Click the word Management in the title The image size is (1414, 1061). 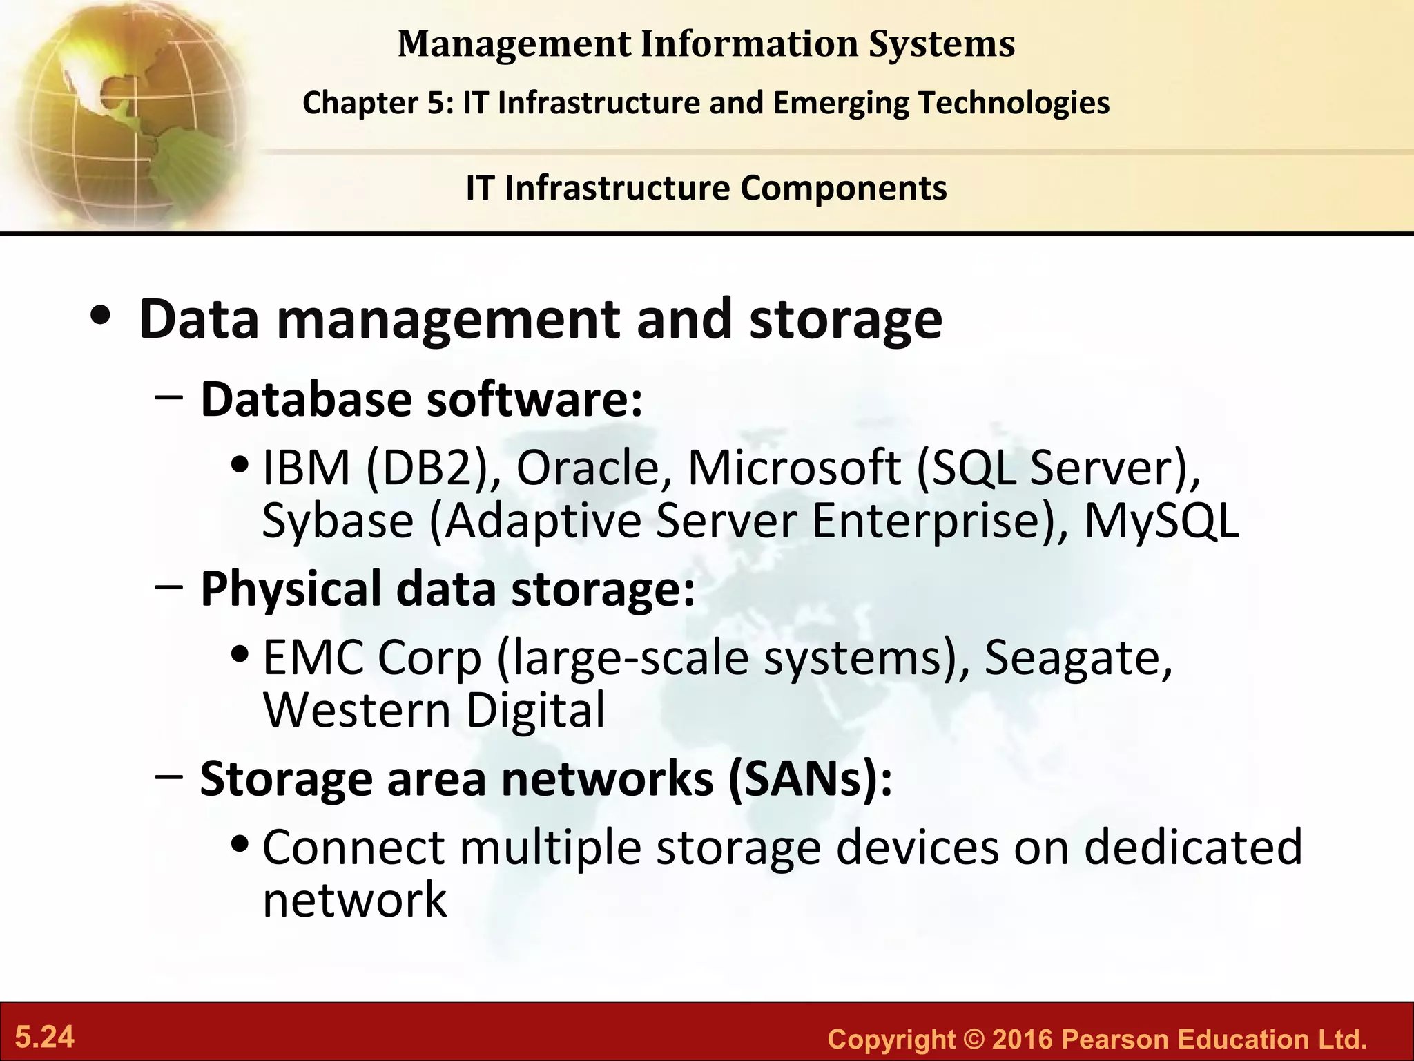click(x=514, y=44)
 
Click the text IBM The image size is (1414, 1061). click(x=306, y=468)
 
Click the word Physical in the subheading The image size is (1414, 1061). click(x=291, y=589)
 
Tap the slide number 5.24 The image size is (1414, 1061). click(x=45, y=1038)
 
